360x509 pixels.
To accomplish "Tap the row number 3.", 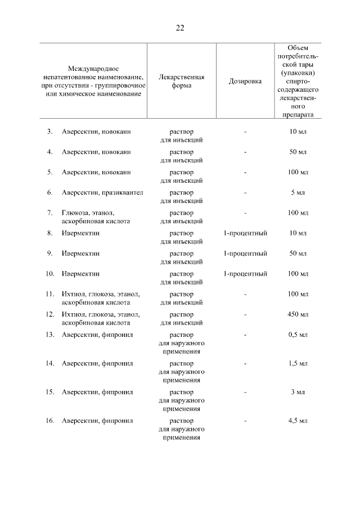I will [49, 132].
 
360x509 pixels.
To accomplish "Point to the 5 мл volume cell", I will [298, 192].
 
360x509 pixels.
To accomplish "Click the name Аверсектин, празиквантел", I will [102, 192].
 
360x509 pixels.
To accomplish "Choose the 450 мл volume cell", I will [298, 314].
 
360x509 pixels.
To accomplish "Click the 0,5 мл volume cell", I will [298, 335].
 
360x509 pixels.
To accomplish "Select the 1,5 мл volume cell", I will [298, 363].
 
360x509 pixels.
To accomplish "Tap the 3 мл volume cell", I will [298, 392].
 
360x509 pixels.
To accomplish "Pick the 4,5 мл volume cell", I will [298, 421].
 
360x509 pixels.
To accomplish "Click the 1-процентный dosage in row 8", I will [245, 233].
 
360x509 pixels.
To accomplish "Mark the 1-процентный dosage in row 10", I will [245, 274].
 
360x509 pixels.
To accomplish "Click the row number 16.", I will [49, 421].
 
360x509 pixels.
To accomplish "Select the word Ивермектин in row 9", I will [80, 254].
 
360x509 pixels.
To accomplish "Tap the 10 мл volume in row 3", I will [298, 132].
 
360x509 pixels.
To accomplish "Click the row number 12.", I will [49, 314].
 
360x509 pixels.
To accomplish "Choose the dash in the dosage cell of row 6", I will [245, 192].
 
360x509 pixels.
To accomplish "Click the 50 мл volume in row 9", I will [298, 254].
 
